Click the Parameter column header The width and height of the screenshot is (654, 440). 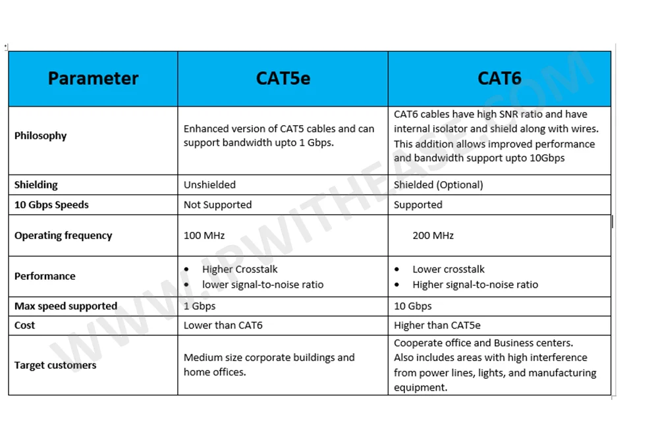click(x=93, y=79)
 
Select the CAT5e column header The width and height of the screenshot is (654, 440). click(x=283, y=79)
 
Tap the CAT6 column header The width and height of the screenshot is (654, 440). click(x=499, y=79)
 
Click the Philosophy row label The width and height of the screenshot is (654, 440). click(x=41, y=136)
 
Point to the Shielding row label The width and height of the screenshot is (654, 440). click(x=36, y=185)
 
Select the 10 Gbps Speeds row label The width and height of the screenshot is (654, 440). click(x=51, y=205)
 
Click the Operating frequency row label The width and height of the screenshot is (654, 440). click(x=63, y=236)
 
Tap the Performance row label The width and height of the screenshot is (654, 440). click(x=45, y=277)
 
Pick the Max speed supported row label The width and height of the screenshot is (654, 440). click(x=66, y=306)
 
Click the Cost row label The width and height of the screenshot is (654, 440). click(x=25, y=325)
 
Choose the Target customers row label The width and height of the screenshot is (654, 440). click(x=55, y=366)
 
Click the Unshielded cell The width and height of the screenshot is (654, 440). click(x=209, y=185)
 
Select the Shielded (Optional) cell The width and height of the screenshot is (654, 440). click(x=438, y=185)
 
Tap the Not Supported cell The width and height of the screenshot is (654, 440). click(x=217, y=205)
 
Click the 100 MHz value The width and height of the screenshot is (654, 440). click(x=204, y=236)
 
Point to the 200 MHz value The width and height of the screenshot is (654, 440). click(x=433, y=236)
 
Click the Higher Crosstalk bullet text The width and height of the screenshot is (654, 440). click(x=240, y=269)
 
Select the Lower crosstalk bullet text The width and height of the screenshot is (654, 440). click(x=449, y=269)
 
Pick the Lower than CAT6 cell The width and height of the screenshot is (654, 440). click(x=223, y=325)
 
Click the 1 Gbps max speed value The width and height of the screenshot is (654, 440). click(x=200, y=306)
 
